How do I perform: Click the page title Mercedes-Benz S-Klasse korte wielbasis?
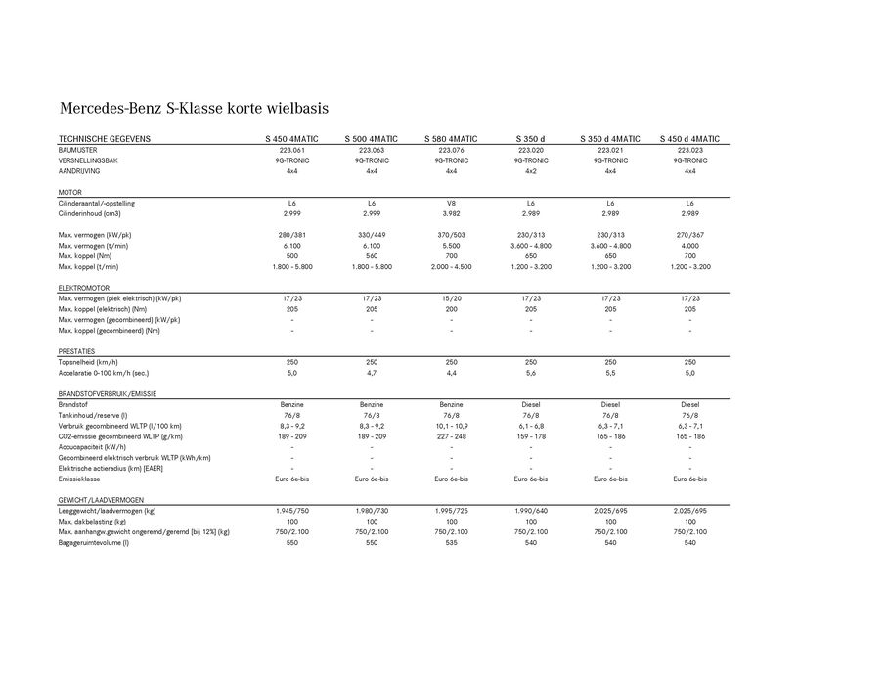point(194,107)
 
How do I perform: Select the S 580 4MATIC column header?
point(451,139)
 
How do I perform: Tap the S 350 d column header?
point(531,139)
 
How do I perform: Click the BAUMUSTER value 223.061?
point(291,150)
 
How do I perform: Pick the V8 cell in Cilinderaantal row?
point(451,203)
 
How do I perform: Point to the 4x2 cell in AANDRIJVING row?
point(531,171)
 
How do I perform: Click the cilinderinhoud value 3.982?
point(451,213)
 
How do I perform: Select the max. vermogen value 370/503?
point(451,235)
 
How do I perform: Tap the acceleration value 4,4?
point(451,373)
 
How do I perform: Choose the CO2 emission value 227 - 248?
point(451,436)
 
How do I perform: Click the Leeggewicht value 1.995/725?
point(451,511)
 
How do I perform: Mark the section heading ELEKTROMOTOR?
point(84,288)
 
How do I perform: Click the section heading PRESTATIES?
point(76,351)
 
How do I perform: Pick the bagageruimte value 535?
point(451,542)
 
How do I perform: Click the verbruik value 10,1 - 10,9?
point(451,426)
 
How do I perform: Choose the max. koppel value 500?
point(291,255)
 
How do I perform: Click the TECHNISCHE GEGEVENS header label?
point(104,139)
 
